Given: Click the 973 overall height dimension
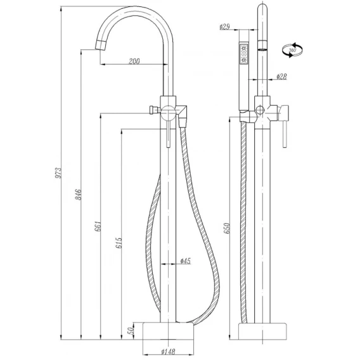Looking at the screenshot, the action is point(59,173).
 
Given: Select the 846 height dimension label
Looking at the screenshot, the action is point(79,194).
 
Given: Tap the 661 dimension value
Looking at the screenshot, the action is point(98,226).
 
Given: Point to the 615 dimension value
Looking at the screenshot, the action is point(119,243).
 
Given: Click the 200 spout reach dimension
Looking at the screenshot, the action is point(134,61).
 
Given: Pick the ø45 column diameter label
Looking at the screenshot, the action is point(186,261).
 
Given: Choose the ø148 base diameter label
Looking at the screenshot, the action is point(168,351).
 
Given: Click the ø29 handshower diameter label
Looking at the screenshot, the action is point(225,27).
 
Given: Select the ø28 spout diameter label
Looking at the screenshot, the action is point(281,77).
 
